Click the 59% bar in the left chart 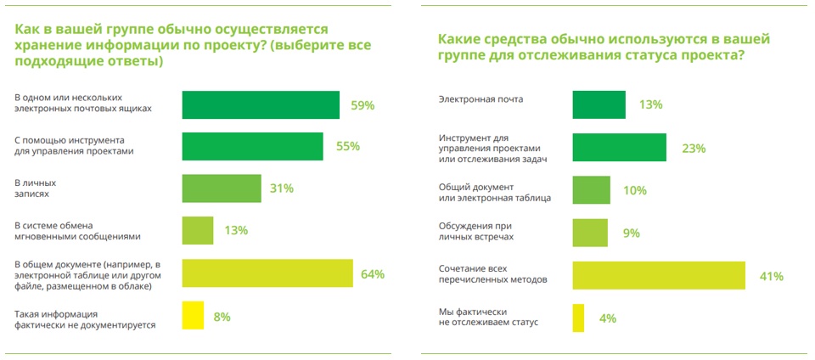(x=261, y=104)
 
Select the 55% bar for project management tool (x=252, y=146)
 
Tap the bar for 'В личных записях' (x=222, y=188)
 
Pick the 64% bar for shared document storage (x=267, y=273)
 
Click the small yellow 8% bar (x=193, y=316)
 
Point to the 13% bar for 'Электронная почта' (x=599, y=104)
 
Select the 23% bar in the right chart (x=619, y=146)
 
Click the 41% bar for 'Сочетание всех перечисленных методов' (x=659, y=275)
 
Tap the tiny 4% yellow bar (x=578, y=318)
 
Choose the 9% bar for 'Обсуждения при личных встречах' (x=590, y=233)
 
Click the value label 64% (x=373, y=274)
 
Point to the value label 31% (x=282, y=188)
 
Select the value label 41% (x=771, y=276)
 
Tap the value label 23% (x=694, y=147)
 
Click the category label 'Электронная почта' (x=480, y=99)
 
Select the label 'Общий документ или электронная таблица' (x=494, y=190)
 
